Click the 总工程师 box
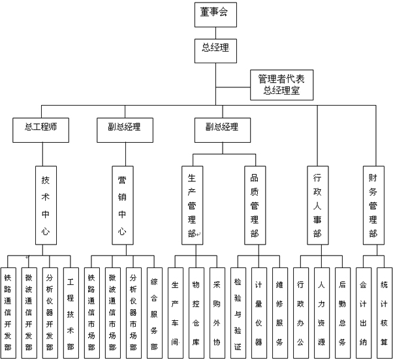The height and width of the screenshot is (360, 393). [x=41, y=128]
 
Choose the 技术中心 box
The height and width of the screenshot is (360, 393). [x=45, y=205]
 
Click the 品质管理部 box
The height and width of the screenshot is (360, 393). [x=255, y=205]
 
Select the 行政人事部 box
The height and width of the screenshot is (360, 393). [x=317, y=205]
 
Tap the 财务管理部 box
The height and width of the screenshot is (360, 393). [x=373, y=205]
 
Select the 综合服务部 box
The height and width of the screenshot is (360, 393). [x=154, y=310]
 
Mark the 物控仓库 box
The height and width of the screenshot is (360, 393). [x=196, y=310]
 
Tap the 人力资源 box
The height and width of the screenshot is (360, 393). [x=321, y=310]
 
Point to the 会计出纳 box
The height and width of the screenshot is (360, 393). [x=363, y=310]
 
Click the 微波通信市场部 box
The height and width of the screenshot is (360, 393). [x=112, y=310]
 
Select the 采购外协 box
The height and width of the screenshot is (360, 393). [x=217, y=310]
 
